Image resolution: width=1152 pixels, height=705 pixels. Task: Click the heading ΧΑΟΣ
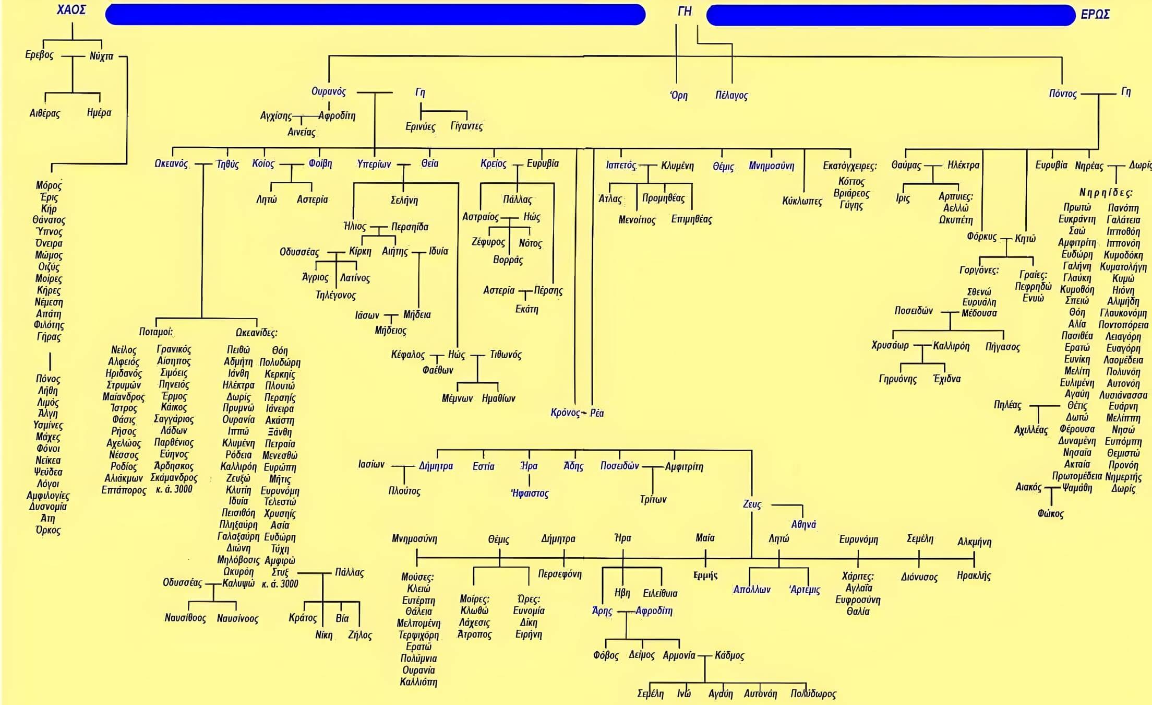[x=71, y=9]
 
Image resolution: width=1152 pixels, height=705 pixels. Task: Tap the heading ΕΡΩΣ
[x=1095, y=14]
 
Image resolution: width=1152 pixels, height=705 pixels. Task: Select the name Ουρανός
[x=329, y=91]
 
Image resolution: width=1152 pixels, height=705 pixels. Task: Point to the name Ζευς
[x=752, y=504]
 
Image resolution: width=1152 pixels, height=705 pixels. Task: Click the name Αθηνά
[x=803, y=524]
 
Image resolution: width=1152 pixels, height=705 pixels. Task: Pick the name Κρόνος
[x=565, y=413]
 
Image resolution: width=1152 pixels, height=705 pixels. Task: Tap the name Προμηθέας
[x=663, y=198]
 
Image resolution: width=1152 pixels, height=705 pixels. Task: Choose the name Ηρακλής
[x=974, y=575]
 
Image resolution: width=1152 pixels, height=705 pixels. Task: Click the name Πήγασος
[x=1002, y=347]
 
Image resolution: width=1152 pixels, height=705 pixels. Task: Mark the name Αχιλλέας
[x=1030, y=430]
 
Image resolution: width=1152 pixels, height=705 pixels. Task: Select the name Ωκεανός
[x=171, y=163]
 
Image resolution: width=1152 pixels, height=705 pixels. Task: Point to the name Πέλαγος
[x=731, y=95]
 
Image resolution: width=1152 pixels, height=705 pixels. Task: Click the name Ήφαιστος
[x=530, y=492]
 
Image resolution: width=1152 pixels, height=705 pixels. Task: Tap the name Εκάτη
[x=526, y=309]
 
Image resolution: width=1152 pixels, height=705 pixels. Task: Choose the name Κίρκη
[x=360, y=251]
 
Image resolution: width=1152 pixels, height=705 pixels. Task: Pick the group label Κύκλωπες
[x=802, y=201]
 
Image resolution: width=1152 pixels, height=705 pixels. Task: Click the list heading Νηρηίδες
[x=1106, y=192]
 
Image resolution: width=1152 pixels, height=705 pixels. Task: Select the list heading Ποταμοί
[x=155, y=332]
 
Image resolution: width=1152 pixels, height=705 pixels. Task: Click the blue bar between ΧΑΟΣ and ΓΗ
[x=375, y=15]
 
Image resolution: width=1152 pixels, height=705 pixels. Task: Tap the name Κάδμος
[x=729, y=655]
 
